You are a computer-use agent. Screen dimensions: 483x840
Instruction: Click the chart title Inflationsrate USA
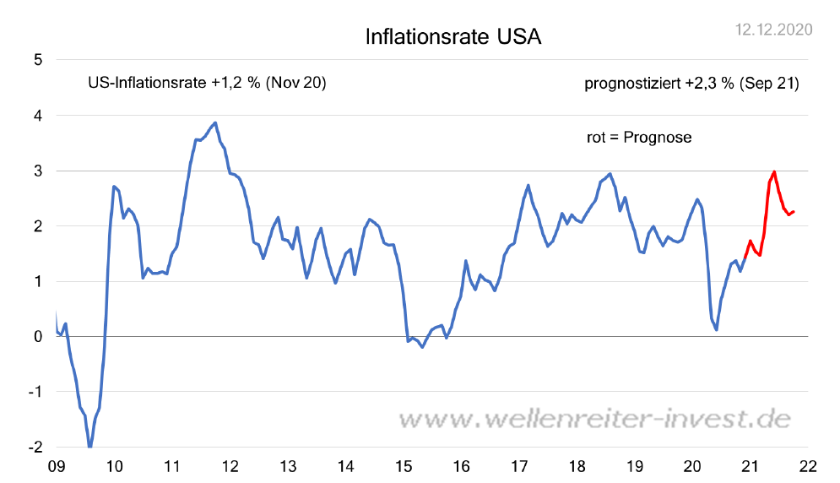click(x=453, y=37)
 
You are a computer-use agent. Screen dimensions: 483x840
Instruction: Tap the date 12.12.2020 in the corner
click(x=774, y=30)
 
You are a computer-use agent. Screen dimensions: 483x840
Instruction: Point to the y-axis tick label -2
click(x=36, y=447)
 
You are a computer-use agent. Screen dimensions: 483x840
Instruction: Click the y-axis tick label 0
click(x=39, y=336)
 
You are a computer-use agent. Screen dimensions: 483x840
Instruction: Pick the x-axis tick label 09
click(x=57, y=465)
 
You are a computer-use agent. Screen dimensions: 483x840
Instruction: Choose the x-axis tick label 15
click(x=404, y=465)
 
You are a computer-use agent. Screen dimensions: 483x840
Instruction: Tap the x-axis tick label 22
click(x=808, y=465)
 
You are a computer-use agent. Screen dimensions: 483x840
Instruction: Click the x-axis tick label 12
click(x=230, y=465)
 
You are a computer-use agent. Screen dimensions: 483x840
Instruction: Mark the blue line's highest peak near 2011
click(x=215, y=122)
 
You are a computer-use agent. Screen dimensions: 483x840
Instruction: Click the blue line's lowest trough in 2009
click(x=89, y=447)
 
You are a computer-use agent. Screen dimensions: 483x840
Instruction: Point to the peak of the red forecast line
click(x=774, y=171)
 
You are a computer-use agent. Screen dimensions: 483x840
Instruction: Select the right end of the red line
click(x=794, y=211)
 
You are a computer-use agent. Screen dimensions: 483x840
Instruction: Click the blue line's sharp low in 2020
click(x=717, y=328)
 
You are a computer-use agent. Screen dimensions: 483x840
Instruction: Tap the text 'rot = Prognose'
click(x=639, y=137)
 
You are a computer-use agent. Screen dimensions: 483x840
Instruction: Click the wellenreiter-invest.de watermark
click(x=593, y=419)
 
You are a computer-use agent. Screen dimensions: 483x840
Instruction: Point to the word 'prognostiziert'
click(x=631, y=84)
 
